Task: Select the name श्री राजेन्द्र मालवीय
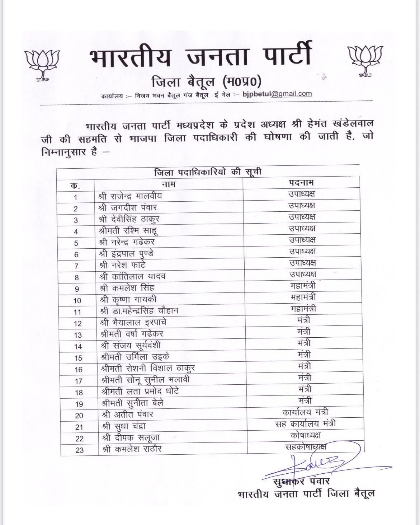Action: coord(130,196)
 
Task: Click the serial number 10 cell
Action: coord(77,300)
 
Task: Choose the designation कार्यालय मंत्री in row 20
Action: coord(305,412)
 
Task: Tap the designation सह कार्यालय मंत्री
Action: coord(306,424)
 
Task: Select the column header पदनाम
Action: coord(301,182)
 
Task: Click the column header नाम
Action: coord(168,184)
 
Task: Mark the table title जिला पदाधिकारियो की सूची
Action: coord(208,172)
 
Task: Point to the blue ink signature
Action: coord(316,465)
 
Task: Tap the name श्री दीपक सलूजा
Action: coord(131,437)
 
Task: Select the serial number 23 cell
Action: coord(79,450)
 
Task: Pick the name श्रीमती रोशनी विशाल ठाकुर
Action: coord(148,368)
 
